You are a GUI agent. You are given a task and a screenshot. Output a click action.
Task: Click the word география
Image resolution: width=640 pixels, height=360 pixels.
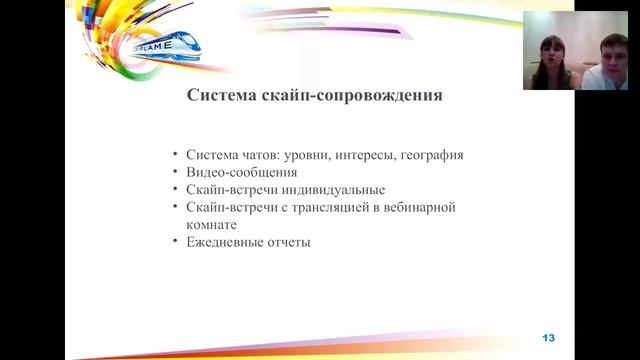430,155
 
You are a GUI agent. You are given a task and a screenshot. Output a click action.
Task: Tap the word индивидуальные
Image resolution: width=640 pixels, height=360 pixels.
336,189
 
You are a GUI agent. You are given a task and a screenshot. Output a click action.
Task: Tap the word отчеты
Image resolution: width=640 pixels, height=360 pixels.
290,242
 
